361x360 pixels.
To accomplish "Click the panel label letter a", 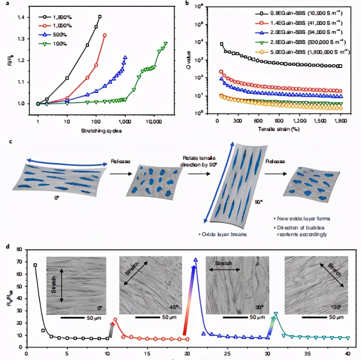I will pos(5,3).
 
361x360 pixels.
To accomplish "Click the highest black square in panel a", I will pos(99,16).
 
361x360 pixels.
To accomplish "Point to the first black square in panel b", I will pos(221,44).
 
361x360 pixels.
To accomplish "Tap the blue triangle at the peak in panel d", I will pos(195,260).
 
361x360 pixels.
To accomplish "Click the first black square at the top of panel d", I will pos(35,265).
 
